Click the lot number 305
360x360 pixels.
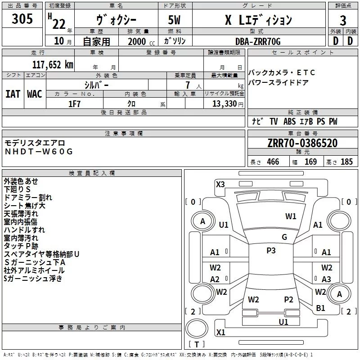[x=22, y=19]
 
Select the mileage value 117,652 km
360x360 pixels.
[x=53, y=64]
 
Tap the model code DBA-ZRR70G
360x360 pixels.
[x=258, y=41]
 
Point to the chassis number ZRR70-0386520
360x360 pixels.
[x=302, y=144]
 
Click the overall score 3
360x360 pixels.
[x=343, y=20]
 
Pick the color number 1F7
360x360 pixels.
[x=74, y=103]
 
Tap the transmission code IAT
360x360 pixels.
[x=13, y=94]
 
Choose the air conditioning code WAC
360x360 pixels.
[x=35, y=94]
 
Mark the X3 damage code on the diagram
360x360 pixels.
[x=220, y=184]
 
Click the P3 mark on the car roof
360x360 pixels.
[x=270, y=251]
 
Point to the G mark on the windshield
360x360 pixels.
[x=284, y=237]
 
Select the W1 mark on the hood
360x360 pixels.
[x=291, y=216]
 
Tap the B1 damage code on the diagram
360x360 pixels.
[x=320, y=308]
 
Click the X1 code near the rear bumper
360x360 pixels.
[x=220, y=333]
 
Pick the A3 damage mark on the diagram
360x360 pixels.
[x=326, y=279]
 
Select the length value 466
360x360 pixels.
[x=272, y=162]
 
